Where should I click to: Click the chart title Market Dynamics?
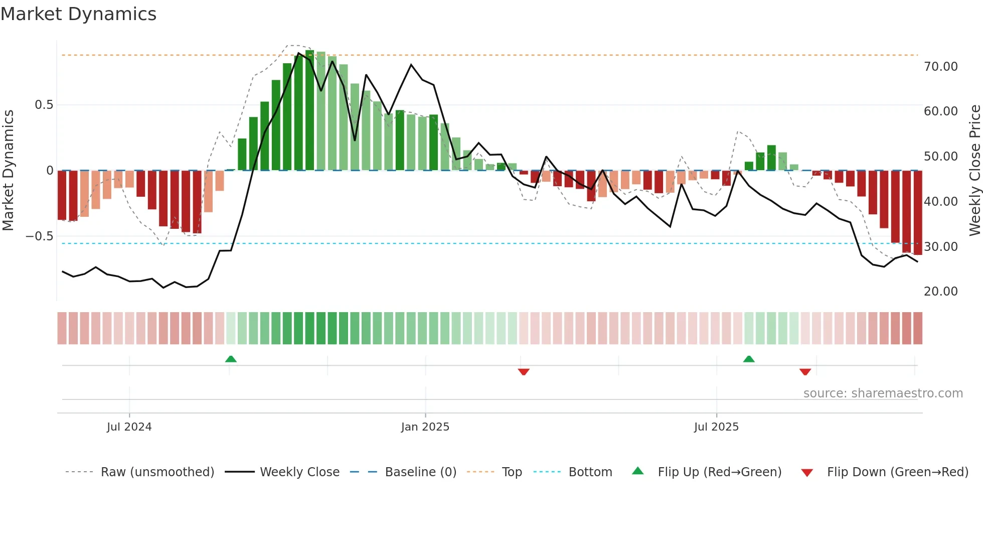coord(78,14)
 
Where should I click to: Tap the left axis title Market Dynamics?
coord(9,170)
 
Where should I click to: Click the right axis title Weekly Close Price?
coord(974,170)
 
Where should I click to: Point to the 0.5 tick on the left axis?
coord(44,105)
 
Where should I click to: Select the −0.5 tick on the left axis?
coord(40,236)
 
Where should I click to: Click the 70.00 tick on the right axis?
coord(940,67)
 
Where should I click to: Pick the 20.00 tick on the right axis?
coord(940,292)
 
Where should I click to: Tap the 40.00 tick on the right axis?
coord(940,202)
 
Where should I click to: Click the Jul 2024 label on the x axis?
coord(129,427)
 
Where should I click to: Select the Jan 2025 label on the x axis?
coord(425,427)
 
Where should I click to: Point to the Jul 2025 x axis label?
coord(716,427)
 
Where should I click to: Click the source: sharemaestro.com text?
coord(883,393)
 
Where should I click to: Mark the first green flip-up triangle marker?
coord(231,359)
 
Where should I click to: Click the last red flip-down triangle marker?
coord(805,372)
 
